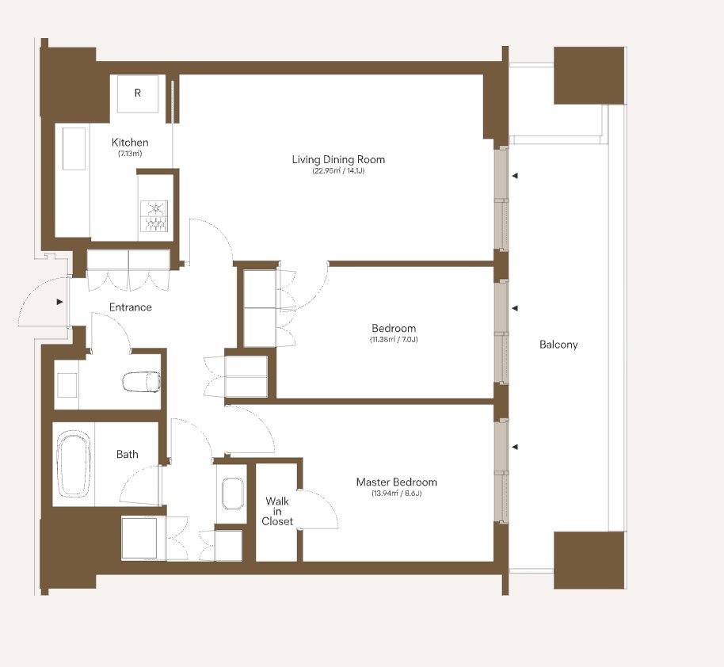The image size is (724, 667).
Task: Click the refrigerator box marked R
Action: [138, 93]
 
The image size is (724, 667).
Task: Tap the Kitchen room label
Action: [130, 143]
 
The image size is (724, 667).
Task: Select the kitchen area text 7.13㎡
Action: [130, 154]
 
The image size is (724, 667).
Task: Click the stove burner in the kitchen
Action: [154, 215]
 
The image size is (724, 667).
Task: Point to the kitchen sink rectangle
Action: [74, 149]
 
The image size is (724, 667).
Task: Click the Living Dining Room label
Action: [338, 159]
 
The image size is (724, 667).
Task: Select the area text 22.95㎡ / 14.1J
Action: [338, 171]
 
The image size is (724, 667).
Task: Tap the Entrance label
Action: [130, 307]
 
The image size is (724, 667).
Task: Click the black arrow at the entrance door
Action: [59, 302]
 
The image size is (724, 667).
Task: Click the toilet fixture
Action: [142, 382]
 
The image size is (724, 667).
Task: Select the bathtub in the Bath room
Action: [74, 463]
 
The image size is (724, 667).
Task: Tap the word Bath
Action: [127, 454]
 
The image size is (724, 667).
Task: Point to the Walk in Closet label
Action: [277, 511]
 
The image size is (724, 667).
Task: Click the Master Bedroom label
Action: [397, 482]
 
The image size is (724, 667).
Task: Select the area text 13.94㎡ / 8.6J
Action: [397, 494]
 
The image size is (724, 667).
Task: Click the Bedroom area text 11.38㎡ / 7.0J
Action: [394, 340]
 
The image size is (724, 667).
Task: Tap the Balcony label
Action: [558, 345]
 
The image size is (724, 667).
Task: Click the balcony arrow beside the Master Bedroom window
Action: [515, 447]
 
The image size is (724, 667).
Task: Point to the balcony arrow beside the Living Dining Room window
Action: [515, 176]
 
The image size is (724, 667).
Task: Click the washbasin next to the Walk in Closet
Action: [233, 494]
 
